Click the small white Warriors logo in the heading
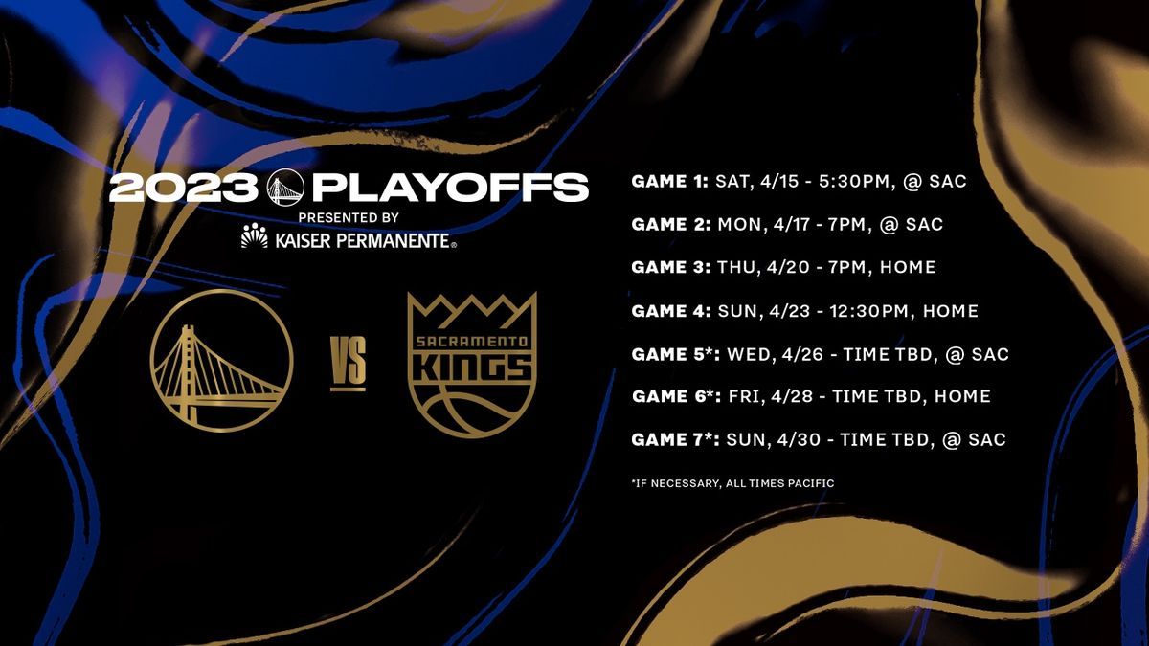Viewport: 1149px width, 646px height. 285,188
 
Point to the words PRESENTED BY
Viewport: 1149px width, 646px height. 349,218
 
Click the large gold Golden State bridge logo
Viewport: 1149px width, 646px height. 221,361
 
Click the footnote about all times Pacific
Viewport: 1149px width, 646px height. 732,483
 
